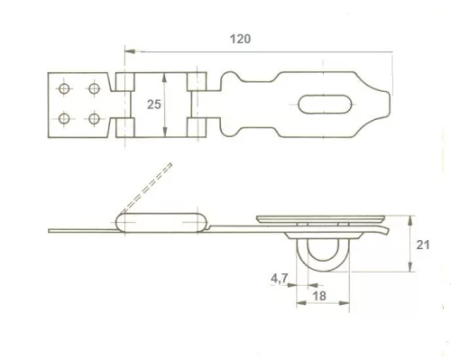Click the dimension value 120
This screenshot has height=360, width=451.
pos(240,39)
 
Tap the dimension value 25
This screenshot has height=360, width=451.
pos(154,106)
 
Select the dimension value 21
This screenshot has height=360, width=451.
pos(423,244)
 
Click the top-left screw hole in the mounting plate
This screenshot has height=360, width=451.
pos(65,88)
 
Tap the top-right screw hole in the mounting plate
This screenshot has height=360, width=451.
pos(93,88)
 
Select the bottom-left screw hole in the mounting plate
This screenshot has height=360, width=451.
pos(65,118)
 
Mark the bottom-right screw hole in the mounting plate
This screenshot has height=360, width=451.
pos(93,118)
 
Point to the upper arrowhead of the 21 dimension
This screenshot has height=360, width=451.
pos(411,218)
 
